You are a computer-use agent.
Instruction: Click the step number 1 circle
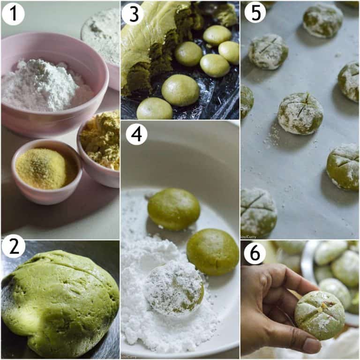[13, 14]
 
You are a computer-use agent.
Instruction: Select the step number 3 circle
[133, 14]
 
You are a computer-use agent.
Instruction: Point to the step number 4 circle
[136, 134]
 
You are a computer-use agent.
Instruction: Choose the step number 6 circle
[255, 254]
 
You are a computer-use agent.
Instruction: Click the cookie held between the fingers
[319, 315]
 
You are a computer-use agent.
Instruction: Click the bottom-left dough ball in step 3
[154, 109]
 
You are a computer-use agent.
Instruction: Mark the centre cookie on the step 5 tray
[300, 113]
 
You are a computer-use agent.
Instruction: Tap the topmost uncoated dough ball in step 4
[173, 209]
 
